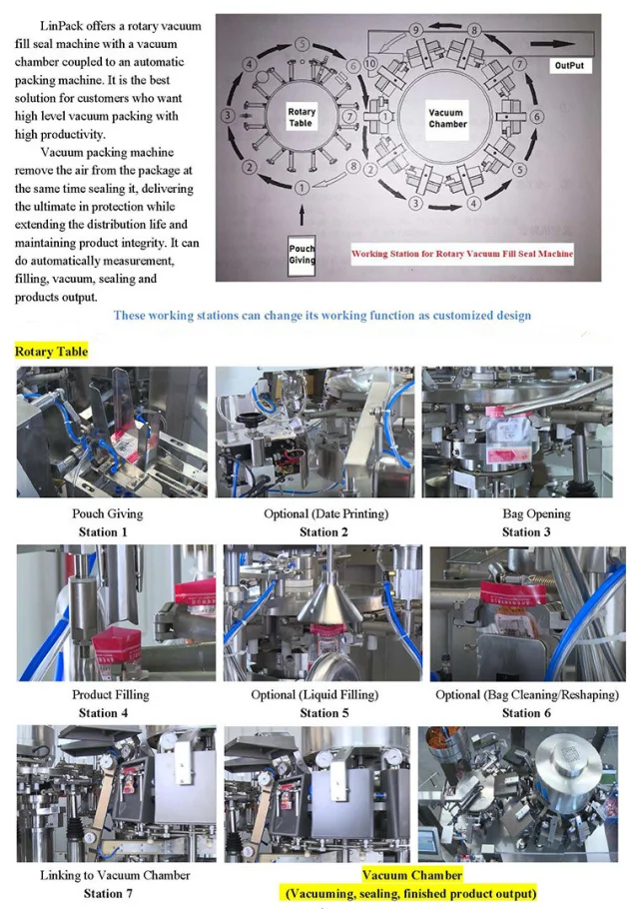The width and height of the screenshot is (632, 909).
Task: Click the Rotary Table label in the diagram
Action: (301, 117)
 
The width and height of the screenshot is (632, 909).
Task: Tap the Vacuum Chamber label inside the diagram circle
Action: (447, 118)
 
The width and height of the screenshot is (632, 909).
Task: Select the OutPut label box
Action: (569, 66)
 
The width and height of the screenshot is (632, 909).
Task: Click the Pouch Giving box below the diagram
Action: (302, 255)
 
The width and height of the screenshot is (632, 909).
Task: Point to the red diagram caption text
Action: (462, 254)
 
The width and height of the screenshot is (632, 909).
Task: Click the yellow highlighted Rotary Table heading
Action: (52, 352)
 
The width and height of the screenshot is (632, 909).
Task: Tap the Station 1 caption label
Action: (103, 532)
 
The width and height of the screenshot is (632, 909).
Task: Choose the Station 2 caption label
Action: (323, 532)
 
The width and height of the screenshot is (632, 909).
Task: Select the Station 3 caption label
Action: (526, 532)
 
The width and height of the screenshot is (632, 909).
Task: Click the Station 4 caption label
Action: (103, 713)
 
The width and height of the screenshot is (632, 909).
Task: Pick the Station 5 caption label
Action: (323, 713)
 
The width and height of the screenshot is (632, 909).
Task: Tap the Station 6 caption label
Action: (526, 713)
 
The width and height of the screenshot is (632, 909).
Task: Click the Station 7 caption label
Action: (108, 893)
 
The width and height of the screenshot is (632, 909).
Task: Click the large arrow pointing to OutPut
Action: (553, 44)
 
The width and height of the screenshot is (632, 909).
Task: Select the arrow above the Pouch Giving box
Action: (302, 214)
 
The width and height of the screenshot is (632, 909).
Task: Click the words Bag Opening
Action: (536, 514)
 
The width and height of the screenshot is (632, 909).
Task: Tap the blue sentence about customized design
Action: (322, 316)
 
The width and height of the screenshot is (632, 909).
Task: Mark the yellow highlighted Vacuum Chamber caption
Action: (411, 884)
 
